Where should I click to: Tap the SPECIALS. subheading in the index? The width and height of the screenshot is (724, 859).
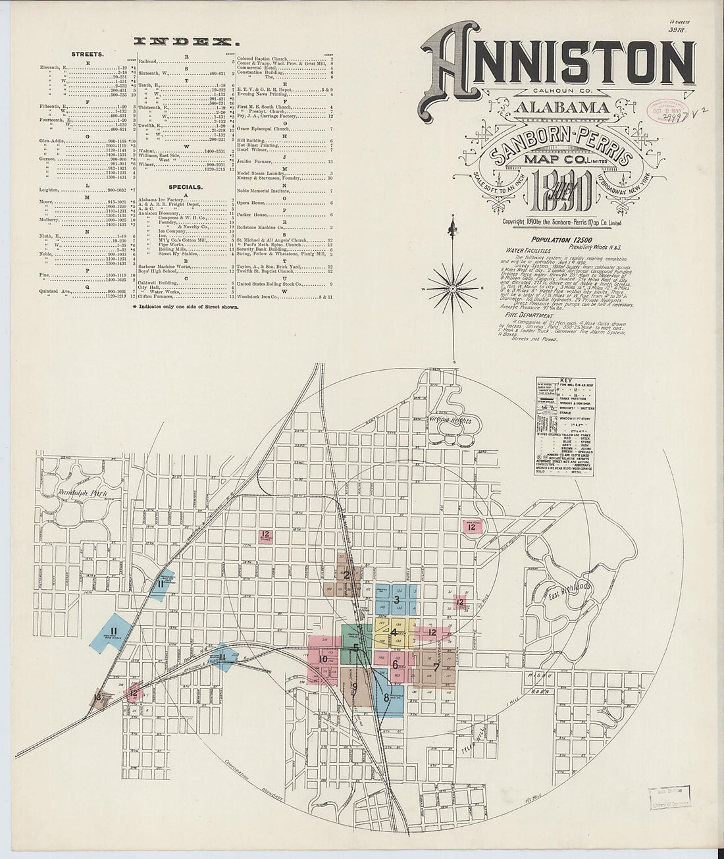click(186, 186)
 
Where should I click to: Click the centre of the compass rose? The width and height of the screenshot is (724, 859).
click(453, 288)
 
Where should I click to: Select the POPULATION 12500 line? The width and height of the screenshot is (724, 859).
click(560, 242)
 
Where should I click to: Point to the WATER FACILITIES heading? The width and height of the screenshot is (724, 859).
click(530, 251)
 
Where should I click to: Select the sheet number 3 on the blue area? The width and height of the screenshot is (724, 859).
click(396, 600)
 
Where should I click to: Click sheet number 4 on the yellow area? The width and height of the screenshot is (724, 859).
click(394, 633)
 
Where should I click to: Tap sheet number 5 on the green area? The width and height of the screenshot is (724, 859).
click(355, 647)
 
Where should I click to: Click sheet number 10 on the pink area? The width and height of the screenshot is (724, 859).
click(323, 659)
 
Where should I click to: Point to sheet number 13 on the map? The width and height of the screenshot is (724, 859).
click(98, 698)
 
